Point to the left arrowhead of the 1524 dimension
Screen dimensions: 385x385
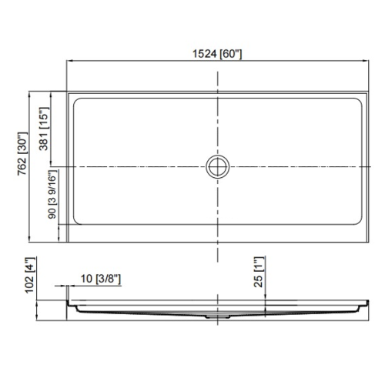click(70, 61)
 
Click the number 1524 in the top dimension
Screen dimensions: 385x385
click(205, 55)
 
